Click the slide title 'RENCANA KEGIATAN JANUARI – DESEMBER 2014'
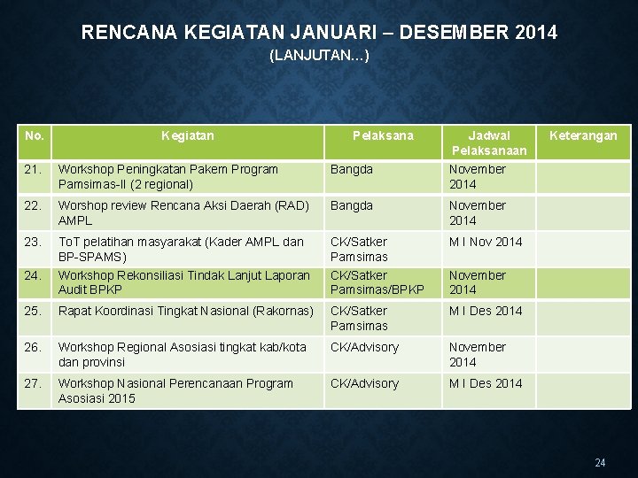click(x=319, y=33)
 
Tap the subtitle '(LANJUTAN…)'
click(x=319, y=57)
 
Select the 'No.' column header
click(x=35, y=135)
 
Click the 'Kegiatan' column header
click(x=188, y=135)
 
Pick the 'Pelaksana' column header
click(x=383, y=135)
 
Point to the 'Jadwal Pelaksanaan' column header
click(x=489, y=143)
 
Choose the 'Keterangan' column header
click(x=583, y=135)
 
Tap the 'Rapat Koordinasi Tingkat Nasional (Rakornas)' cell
click(x=184, y=311)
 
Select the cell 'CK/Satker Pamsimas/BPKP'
click(x=377, y=282)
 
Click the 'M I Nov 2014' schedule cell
click(x=486, y=242)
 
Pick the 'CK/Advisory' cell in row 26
click(x=364, y=347)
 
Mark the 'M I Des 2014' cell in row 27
click(x=486, y=383)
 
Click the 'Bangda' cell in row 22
click(x=352, y=205)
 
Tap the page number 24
click(x=601, y=463)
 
